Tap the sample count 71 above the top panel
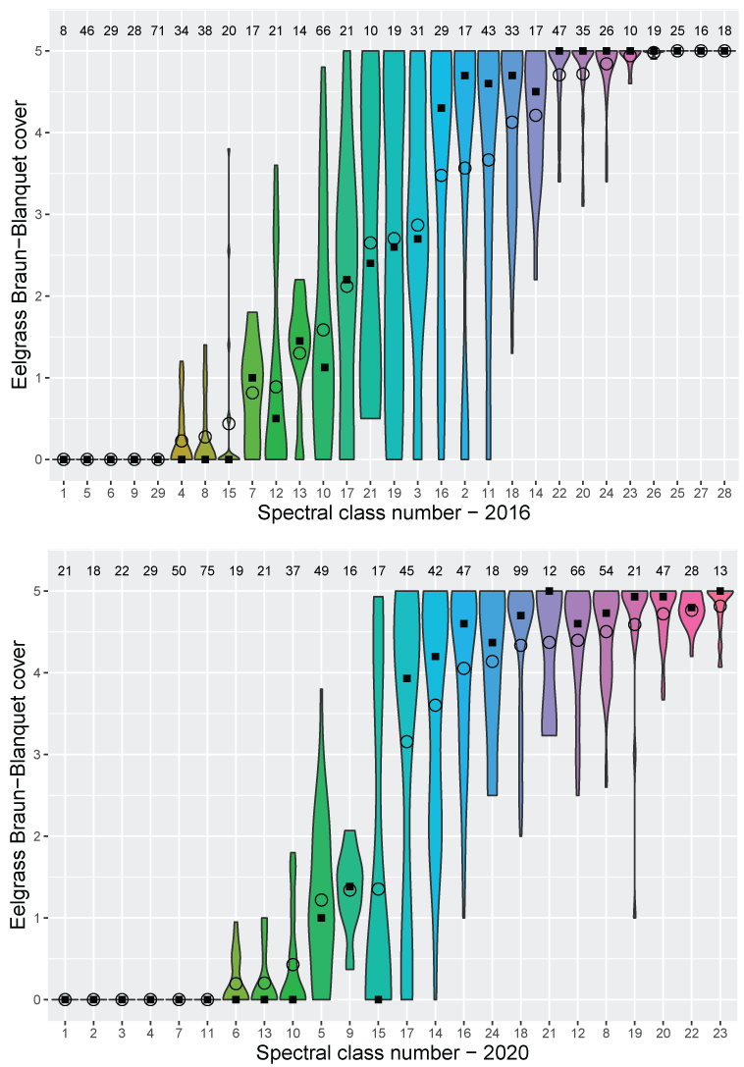coord(157,31)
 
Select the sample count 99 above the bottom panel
coord(520,571)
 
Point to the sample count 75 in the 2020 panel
coord(207,571)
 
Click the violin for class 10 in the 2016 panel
coord(323,294)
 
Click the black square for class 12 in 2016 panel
coord(276,418)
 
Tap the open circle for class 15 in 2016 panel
coord(229,423)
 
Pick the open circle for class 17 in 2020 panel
coord(406,741)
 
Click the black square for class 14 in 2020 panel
coord(435,657)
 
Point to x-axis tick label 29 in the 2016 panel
coord(157,488)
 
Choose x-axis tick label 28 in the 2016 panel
coord(724,488)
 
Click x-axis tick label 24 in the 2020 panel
coord(492,1028)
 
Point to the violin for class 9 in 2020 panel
coord(349,883)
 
